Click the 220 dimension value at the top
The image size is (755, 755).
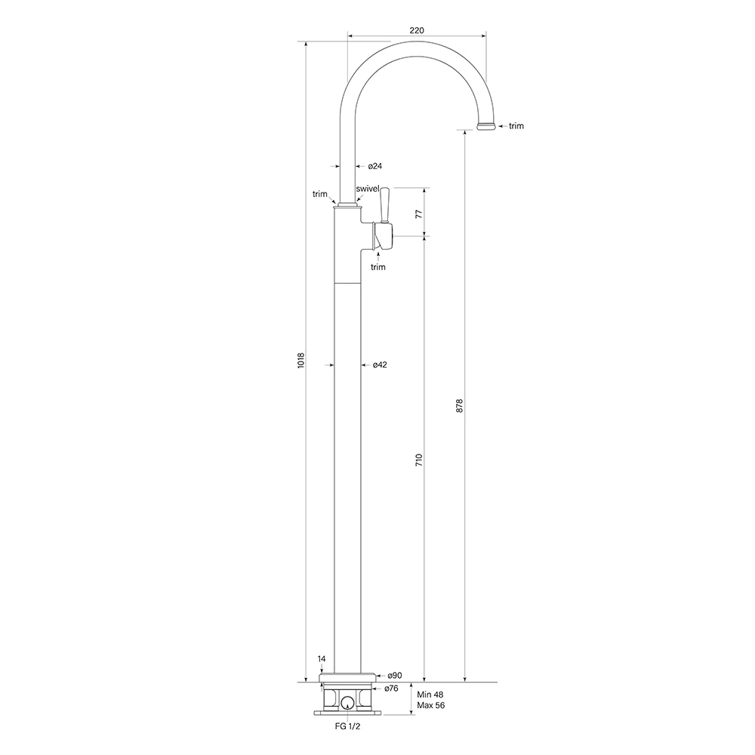(417, 30)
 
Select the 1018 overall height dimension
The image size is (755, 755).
(301, 361)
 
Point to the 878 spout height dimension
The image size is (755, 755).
(459, 405)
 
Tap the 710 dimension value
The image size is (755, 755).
(419, 460)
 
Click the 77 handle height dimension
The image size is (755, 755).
(419, 214)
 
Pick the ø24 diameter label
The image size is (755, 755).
(375, 166)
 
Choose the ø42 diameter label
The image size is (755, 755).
(380, 365)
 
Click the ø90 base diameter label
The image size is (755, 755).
(395, 676)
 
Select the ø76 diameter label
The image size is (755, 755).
(391, 689)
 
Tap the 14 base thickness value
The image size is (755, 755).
(322, 658)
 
